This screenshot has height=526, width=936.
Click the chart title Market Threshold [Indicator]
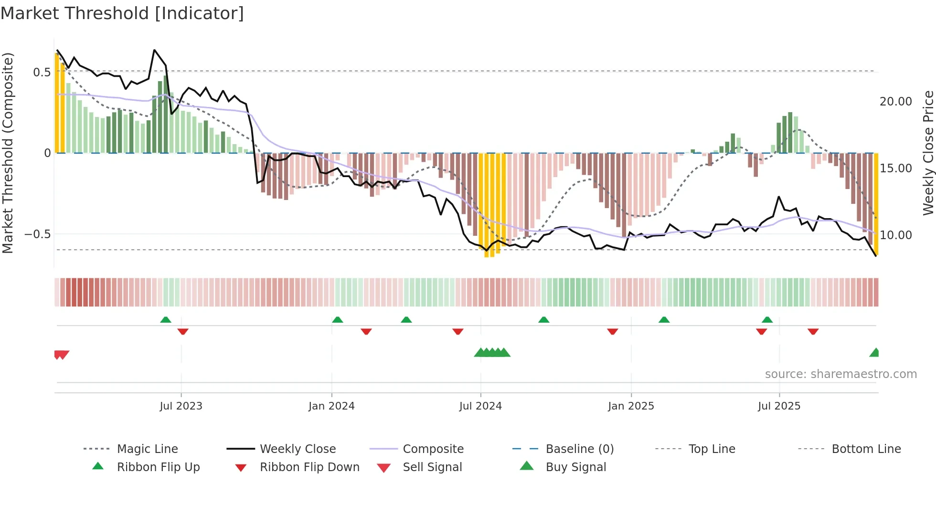[122, 13]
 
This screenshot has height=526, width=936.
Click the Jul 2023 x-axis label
[181, 406]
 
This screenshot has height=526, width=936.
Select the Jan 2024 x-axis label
[331, 406]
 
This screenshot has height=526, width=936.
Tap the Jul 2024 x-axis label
[480, 406]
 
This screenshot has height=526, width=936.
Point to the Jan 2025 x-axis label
[631, 406]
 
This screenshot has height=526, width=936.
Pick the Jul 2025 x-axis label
[779, 406]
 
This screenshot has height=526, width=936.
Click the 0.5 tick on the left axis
[42, 72]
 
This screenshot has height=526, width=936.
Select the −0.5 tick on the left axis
[38, 234]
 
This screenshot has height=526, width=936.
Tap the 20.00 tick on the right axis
[896, 102]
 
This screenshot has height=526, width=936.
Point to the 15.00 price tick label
[896, 168]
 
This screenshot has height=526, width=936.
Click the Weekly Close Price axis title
[928, 153]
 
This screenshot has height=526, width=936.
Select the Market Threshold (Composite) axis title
[8, 153]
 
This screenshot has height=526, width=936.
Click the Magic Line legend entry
[147, 449]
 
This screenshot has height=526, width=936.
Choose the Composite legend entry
[433, 449]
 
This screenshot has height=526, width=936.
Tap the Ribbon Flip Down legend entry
[309, 467]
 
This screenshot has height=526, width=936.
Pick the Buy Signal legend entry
[575, 467]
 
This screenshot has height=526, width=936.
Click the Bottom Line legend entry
[866, 449]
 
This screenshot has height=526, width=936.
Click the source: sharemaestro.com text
[840, 374]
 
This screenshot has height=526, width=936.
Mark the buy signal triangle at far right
[874, 353]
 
